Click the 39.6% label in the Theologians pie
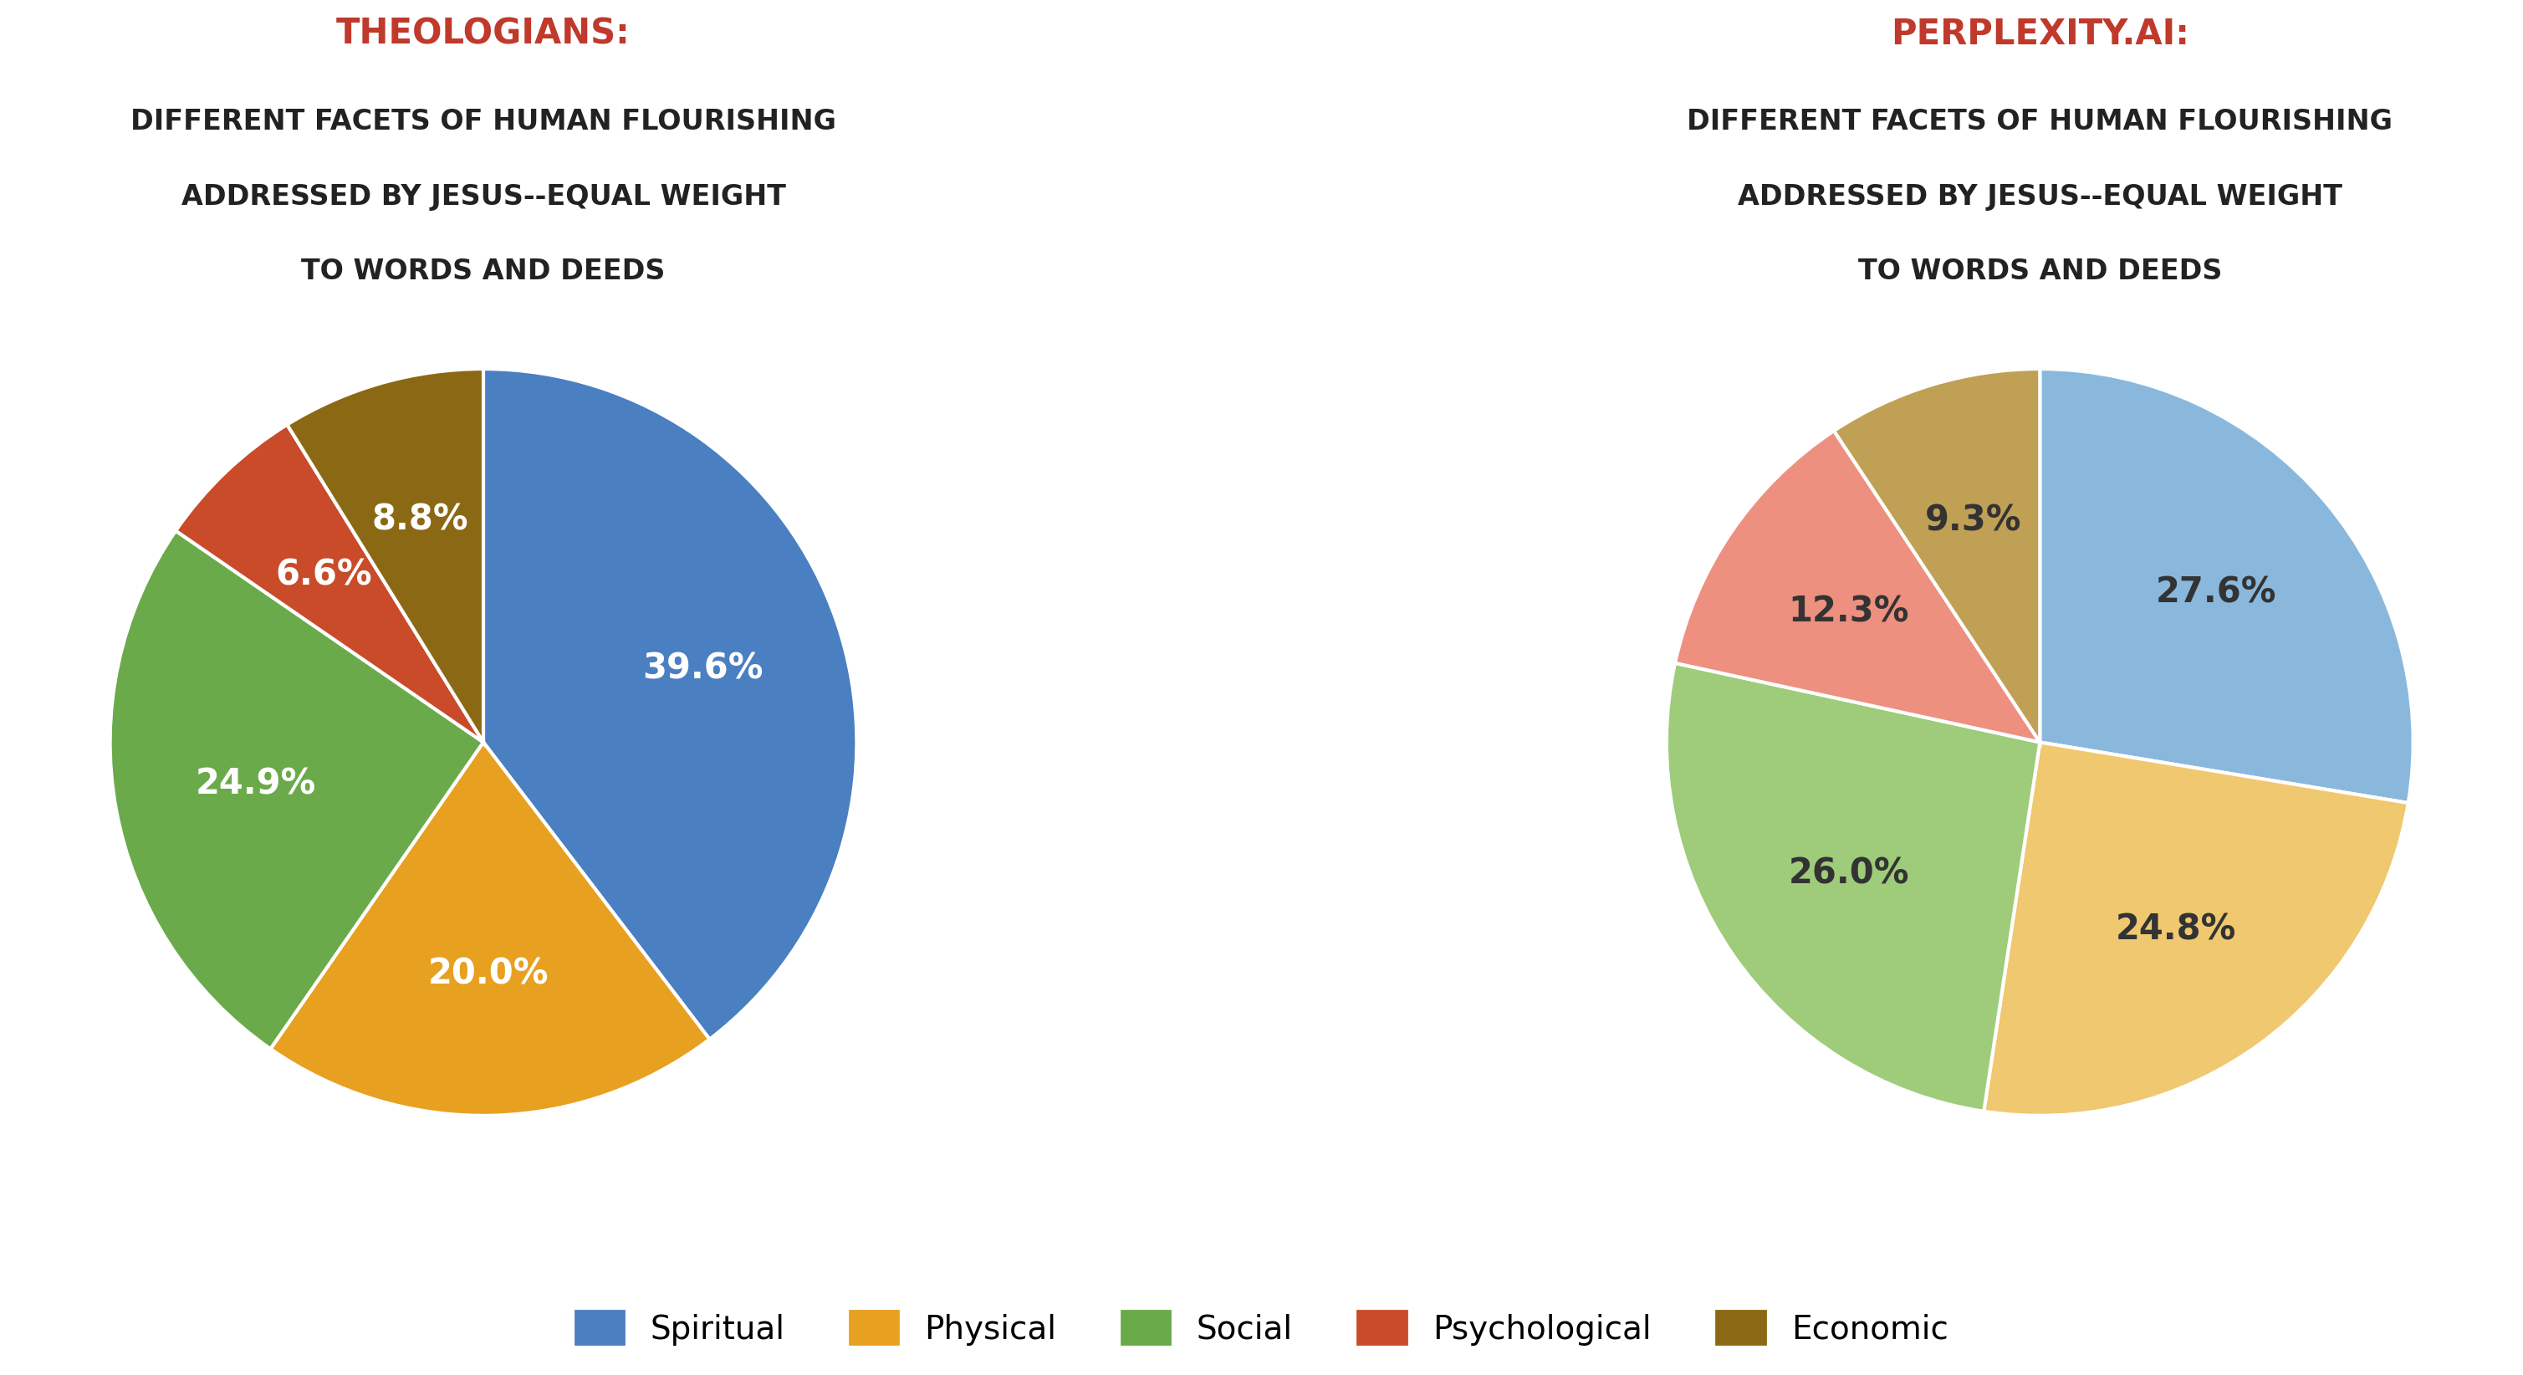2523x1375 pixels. point(702,667)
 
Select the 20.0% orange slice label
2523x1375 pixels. point(488,972)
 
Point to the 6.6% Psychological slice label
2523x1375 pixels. point(323,573)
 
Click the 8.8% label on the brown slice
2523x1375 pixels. point(419,518)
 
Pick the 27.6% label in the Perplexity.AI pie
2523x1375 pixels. point(2215,590)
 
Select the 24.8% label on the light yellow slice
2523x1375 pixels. point(2175,928)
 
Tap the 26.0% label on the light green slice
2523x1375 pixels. point(1848,872)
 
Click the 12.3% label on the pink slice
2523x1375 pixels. point(1848,610)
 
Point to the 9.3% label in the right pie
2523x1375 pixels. point(1973,519)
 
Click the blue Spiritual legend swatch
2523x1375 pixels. point(600,1327)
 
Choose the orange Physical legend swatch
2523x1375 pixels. point(874,1327)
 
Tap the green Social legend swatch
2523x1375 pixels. point(1146,1327)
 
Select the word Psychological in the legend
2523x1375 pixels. point(1541,1328)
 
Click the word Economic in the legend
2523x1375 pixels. point(1870,1328)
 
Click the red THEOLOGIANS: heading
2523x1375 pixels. point(482,33)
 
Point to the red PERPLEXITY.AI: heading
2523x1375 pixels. point(2039,33)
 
